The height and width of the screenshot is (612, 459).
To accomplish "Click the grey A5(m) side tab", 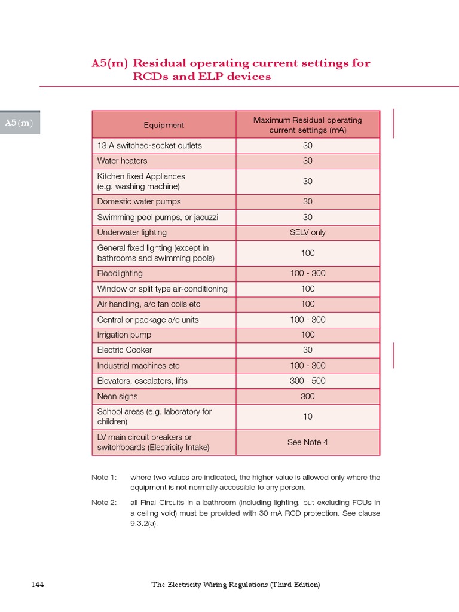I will [x=19, y=123].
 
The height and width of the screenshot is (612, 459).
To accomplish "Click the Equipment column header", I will [x=164, y=125].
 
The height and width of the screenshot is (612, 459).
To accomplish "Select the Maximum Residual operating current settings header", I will [x=307, y=125].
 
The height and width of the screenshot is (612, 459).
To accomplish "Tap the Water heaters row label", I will [x=122, y=161].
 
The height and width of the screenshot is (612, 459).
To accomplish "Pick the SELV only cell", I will [x=307, y=232].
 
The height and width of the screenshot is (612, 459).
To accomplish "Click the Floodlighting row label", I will [x=120, y=273].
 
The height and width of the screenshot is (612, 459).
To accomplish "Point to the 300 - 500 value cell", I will [x=307, y=381].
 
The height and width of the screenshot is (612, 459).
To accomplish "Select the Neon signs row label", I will [x=117, y=396].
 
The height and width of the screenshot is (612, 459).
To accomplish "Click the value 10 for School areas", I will [x=307, y=417].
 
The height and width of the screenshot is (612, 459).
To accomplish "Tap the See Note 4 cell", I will [x=307, y=442].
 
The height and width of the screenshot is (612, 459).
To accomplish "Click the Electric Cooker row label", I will [x=124, y=350].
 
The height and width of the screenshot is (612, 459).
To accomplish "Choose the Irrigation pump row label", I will [x=124, y=335].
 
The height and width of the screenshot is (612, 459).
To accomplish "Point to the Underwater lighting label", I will [x=131, y=232].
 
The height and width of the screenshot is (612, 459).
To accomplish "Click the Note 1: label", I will [x=104, y=478].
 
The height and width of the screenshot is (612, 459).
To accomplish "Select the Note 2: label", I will [x=104, y=503].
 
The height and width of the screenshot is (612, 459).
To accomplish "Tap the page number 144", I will [x=38, y=585].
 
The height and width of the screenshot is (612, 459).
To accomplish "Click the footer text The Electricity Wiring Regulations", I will [x=235, y=585].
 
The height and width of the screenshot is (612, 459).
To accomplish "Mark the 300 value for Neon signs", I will [x=307, y=396].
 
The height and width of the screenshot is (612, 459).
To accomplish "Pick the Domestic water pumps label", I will [x=139, y=201].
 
